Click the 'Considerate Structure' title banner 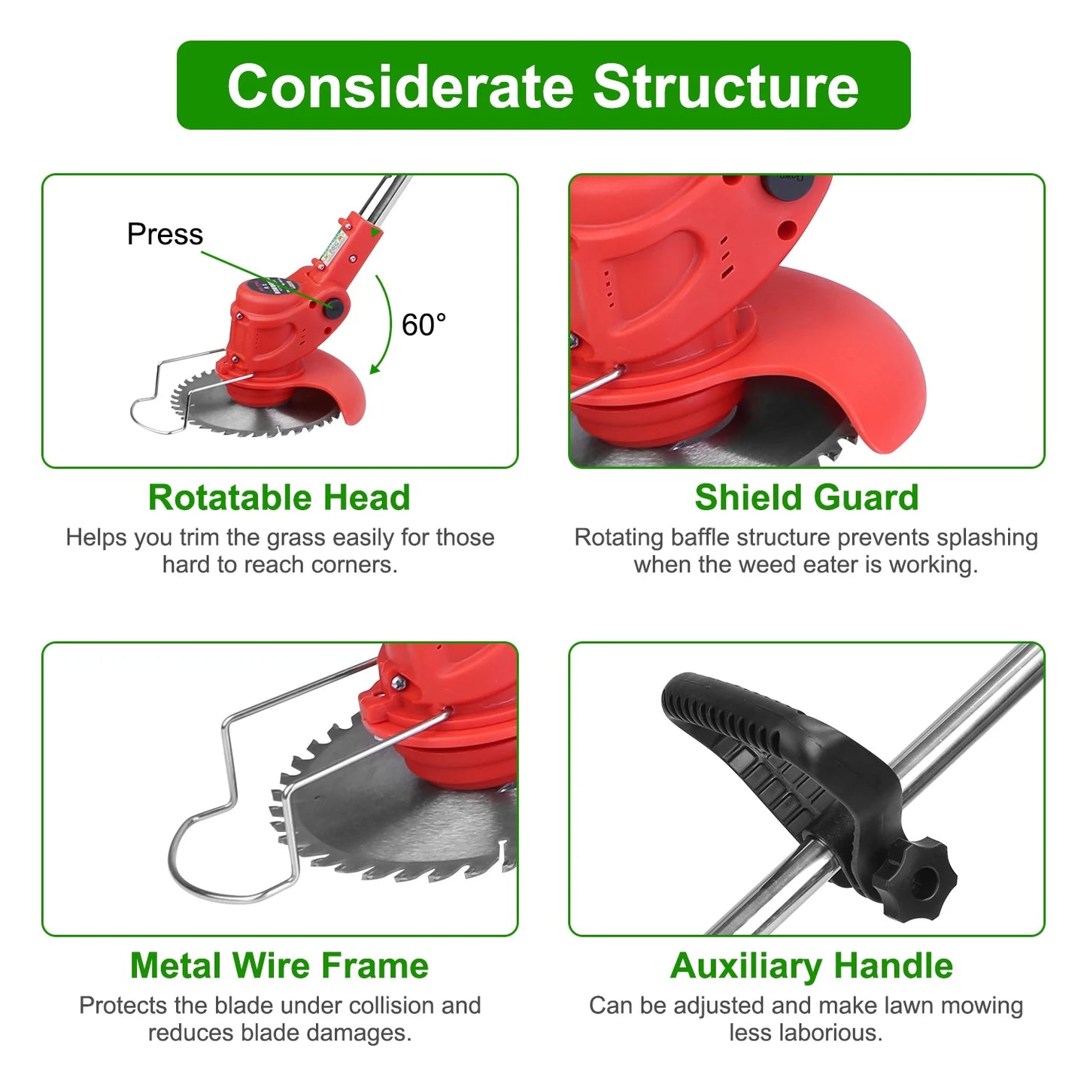tap(543, 86)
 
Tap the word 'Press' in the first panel tap(165, 234)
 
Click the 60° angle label tap(424, 325)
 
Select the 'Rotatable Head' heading tap(279, 497)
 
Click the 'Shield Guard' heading tap(806, 497)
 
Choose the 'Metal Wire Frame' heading tap(279, 965)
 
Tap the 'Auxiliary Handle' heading tap(811, 965)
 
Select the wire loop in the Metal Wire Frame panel tap(226, 850)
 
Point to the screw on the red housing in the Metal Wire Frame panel tap(399, 682)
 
